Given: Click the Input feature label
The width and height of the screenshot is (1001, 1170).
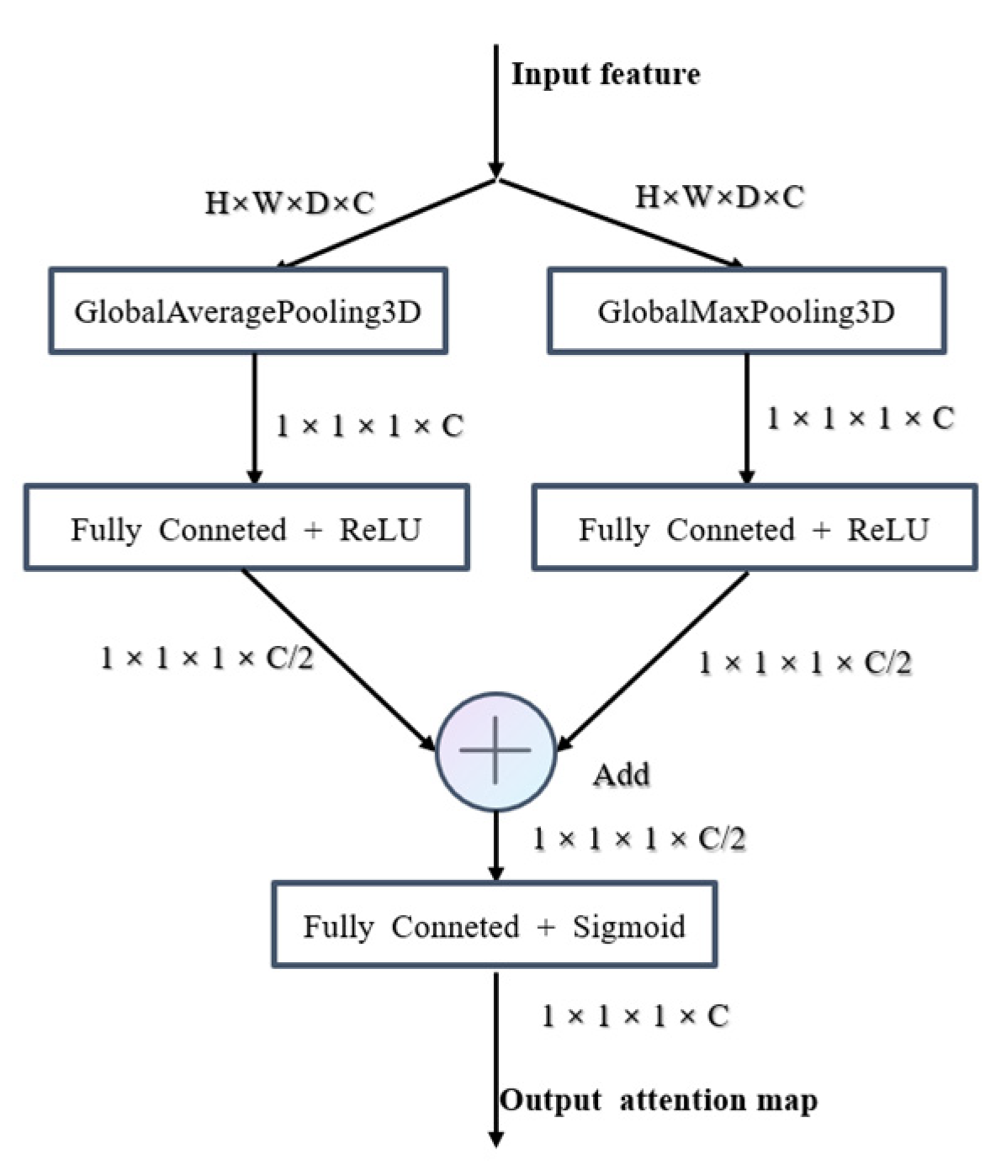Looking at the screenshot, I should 606,74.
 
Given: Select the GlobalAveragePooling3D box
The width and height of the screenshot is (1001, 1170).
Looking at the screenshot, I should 248,311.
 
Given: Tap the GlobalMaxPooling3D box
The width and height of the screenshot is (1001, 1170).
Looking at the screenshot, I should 746,311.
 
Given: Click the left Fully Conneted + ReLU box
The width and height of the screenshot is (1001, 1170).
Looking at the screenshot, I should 246,529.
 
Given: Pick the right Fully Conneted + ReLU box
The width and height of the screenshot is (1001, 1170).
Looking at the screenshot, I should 755,529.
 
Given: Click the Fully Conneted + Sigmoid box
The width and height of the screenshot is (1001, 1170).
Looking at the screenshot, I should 494,926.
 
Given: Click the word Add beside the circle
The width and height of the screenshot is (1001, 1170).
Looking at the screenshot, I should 622,774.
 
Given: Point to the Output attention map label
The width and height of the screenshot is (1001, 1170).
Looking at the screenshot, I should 659,1100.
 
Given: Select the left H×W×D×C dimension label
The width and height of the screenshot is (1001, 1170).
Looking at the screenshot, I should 289,203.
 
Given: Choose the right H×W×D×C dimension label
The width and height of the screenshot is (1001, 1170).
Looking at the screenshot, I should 719,197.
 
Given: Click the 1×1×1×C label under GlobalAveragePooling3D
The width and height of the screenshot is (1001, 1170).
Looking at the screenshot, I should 370,426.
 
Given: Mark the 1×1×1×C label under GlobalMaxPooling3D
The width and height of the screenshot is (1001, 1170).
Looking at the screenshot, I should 860,418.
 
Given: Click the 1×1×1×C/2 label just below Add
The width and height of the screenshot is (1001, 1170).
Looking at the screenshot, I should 638,839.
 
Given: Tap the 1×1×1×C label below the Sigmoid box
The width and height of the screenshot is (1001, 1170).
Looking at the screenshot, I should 634,1016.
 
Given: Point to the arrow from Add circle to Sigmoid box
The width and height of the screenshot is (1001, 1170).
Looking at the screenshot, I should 496,845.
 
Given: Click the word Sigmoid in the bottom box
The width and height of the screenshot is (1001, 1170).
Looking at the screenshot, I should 628,926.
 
